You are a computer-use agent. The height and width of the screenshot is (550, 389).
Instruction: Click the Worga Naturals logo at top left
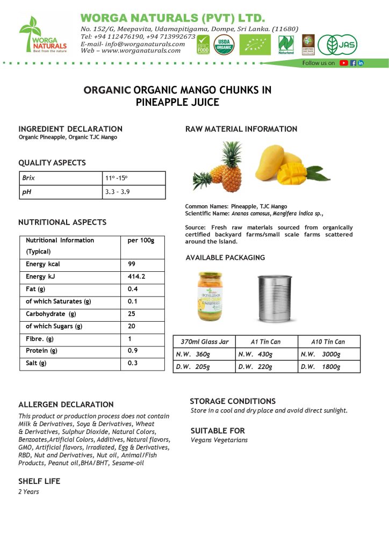[43, 34]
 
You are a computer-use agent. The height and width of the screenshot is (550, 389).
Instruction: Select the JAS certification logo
[337, 45]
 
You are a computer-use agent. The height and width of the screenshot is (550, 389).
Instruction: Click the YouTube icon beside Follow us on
[343, 63]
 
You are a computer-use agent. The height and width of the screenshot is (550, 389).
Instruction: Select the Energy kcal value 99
[132, 264]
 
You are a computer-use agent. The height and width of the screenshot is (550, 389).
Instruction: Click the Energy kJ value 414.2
[136, 277]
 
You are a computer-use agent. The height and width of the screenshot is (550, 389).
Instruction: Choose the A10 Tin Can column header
[328, 342]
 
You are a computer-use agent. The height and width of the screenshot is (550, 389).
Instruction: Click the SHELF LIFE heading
[39, 481]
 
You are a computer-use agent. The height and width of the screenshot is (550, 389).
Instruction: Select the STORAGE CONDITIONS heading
[233, 401]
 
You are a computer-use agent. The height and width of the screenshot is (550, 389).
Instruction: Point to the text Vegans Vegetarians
[219, 440]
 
